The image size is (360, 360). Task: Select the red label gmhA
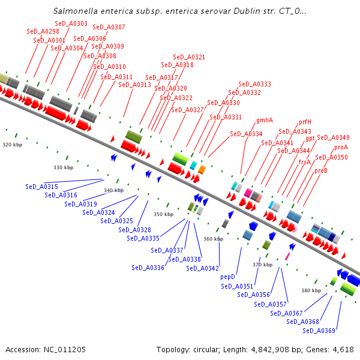point(265,120)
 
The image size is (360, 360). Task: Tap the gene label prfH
point(305,122)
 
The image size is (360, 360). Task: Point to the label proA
point(341,147)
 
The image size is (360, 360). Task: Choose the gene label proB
point(321,170)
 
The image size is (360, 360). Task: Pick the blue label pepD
point(227,277)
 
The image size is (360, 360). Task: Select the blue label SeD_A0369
point(319,331)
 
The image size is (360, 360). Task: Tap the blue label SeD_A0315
point(41,187)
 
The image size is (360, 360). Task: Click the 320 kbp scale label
point(12,145)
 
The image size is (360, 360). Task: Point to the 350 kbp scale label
point(163,214)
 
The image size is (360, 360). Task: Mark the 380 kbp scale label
point(311,290)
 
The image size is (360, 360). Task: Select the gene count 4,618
point(341,349)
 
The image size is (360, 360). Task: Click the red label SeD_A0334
point(246,134)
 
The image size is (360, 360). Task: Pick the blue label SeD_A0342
point(202,268)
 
